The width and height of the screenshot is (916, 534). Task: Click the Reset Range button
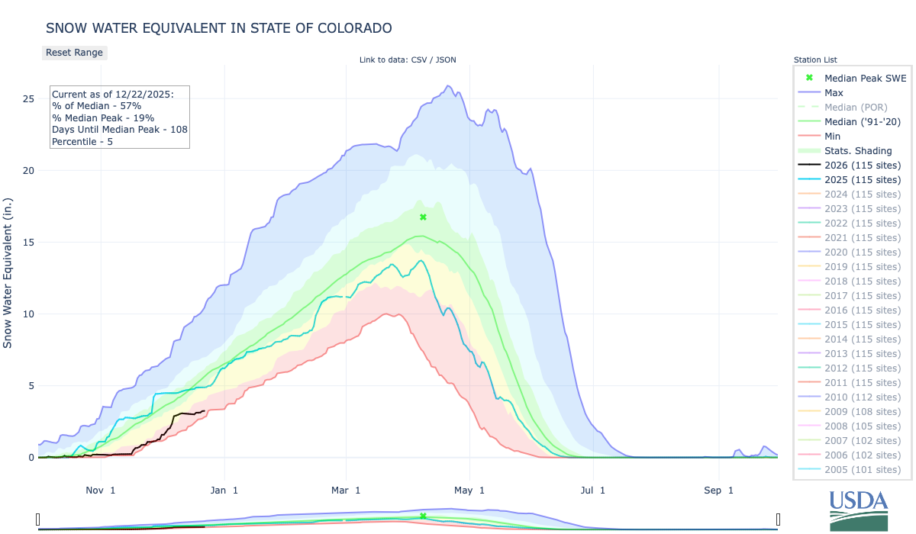point(74,53)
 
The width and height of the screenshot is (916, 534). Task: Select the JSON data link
point(445,60)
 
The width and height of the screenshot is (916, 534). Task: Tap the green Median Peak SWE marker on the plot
point(423,217)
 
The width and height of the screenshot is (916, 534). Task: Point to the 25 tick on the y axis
point(27,99)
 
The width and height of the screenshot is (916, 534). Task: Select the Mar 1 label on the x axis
point(347,490)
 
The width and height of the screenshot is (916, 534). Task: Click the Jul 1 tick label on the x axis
point(592,490)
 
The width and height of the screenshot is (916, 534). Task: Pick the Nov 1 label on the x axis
point(102,490)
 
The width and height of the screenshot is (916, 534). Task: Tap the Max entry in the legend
point(834,92)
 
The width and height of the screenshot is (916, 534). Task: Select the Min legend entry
point(833,136)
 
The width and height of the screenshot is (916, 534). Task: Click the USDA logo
point(859,510)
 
